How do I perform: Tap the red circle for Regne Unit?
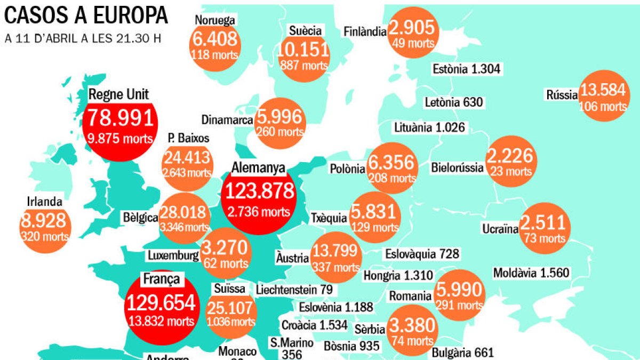click(120, 124)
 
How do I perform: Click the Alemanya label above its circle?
click(259, 167)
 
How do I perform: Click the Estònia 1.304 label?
click(466, 69)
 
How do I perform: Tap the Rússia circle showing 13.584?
click(604, 96)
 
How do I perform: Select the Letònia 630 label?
click(454, 102)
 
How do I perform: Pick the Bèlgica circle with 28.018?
click(185, 217)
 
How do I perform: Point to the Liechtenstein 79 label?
click(294, 290)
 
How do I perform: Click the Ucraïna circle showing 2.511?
click(545, 228)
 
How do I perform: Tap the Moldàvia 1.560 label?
click(531, 273)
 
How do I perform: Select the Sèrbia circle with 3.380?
click(411, 331)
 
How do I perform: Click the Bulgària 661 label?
click(462, 352)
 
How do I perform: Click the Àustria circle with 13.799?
click(336, 257)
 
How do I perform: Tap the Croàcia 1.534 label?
click(314, 325)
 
